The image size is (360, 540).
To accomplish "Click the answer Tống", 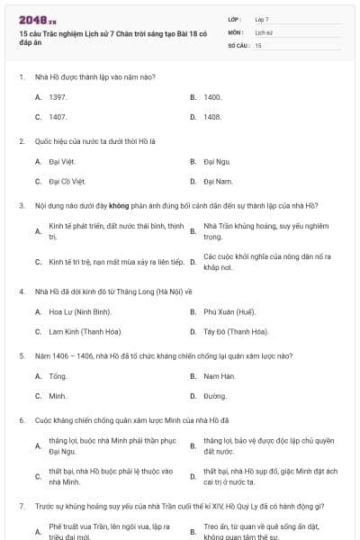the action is tap(58, 375).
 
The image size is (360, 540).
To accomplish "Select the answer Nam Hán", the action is tap(219, 375).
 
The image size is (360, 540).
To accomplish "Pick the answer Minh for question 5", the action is tap(58, 396).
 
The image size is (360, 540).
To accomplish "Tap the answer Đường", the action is tap(214, 396).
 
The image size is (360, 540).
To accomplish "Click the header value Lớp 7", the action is tap(262, 19).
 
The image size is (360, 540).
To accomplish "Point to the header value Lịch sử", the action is tap(263, 31).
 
